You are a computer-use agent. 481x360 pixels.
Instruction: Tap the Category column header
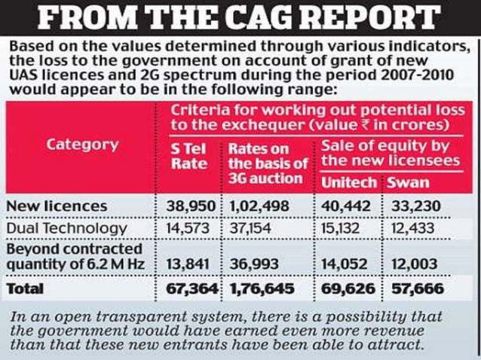(83, 145)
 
